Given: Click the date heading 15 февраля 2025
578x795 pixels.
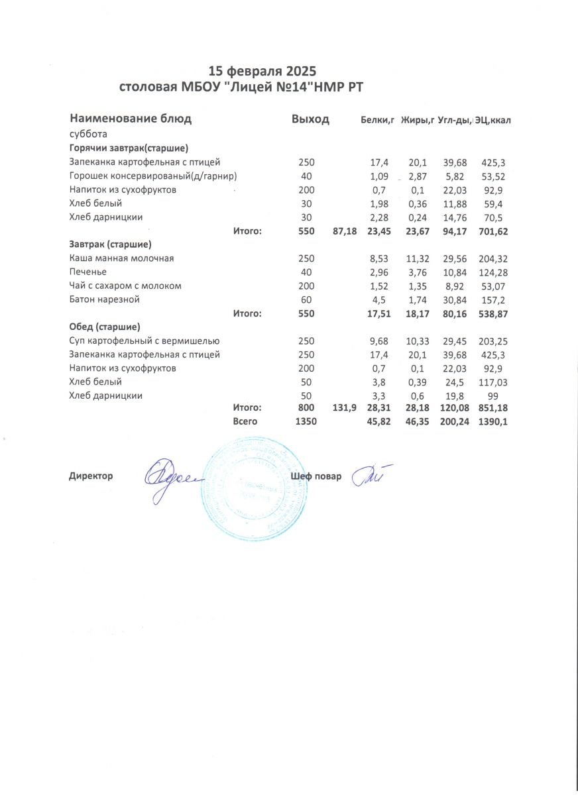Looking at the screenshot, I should tap(262, 71).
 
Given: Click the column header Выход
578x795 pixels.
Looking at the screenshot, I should tap(310, 119).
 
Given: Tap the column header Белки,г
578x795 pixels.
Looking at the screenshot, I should tap(377, 120).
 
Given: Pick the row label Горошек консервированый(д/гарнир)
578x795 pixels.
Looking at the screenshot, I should tap(153, 176).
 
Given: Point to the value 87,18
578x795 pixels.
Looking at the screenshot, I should tap(344, 231).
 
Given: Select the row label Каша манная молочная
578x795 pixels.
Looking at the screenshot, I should tap(121, 258).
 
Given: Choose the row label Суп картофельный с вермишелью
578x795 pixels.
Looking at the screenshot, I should tap(144, 341).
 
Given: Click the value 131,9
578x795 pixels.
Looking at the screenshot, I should tap(344, 408).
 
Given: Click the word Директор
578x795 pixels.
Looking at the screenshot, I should tap(91, 476).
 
